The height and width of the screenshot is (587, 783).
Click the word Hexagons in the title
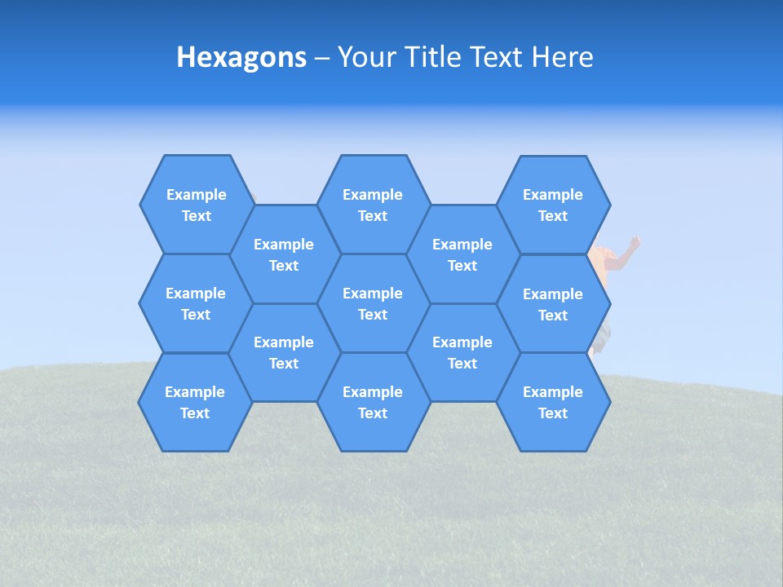click(x=241, y=57)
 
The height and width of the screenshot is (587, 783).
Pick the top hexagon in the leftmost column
click(x=196, y=205)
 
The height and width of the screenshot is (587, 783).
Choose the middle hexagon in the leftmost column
click(x=196, y=303)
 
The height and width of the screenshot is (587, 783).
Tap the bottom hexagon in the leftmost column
click(x=195, y=402)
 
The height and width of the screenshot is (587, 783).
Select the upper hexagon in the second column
click(x=284, y=254)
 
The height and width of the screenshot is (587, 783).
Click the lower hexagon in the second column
click(x=284, y=352)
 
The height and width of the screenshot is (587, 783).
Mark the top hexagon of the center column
click(x=373, y=205)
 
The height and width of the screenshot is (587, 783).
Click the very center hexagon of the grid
click(x=373, y=303)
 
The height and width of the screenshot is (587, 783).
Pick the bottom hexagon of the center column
click(x=373, y=402)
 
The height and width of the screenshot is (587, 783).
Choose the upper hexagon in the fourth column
click(x=462, y=254)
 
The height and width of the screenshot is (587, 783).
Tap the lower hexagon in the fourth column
click(x=462, y=352)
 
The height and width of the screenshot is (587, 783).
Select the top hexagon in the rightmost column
click(x=553, y=205)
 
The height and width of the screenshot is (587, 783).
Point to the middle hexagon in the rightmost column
click(x=553, y=304)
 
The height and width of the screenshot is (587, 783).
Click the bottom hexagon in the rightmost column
click(x=553, y=402)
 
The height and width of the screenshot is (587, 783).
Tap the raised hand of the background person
click(x=634, y=242)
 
